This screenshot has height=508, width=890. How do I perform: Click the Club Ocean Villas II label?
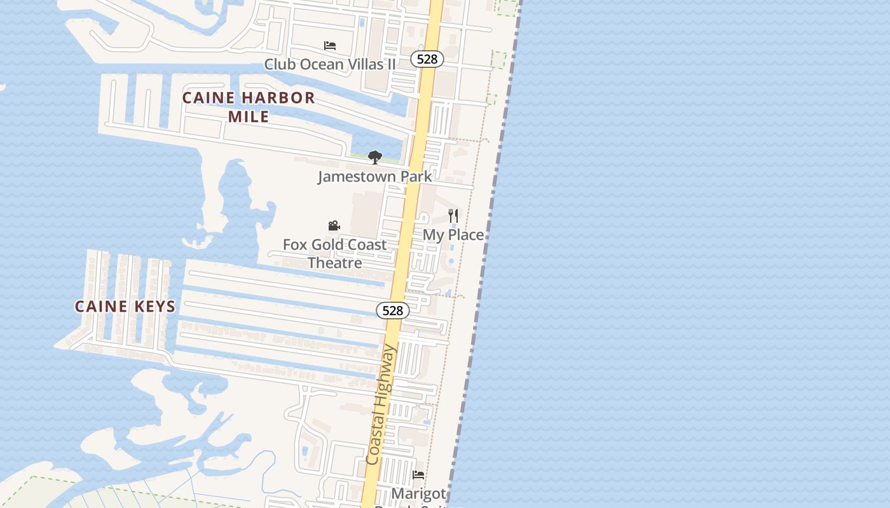329,64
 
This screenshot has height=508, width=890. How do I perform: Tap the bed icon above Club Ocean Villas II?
329,46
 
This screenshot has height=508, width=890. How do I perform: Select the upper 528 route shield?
427,59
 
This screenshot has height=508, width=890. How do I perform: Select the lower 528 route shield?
393,311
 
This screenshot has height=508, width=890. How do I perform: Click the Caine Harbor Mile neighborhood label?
249,107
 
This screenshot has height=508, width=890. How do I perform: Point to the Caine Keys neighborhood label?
125,306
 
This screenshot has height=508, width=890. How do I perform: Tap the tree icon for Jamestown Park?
374,157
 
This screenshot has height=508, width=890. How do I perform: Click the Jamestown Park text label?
374,177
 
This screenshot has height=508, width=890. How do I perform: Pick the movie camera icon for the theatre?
334,225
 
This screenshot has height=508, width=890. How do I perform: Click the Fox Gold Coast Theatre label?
334,253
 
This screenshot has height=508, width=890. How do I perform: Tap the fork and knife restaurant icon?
453,216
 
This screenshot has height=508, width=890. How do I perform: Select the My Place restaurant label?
453,235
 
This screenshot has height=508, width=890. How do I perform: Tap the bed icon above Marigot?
418,474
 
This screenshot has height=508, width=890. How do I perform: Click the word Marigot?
418,493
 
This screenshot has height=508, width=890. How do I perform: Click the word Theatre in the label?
335,263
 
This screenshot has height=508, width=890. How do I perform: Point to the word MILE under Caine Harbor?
249,117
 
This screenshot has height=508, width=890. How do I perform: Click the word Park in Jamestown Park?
416,177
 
